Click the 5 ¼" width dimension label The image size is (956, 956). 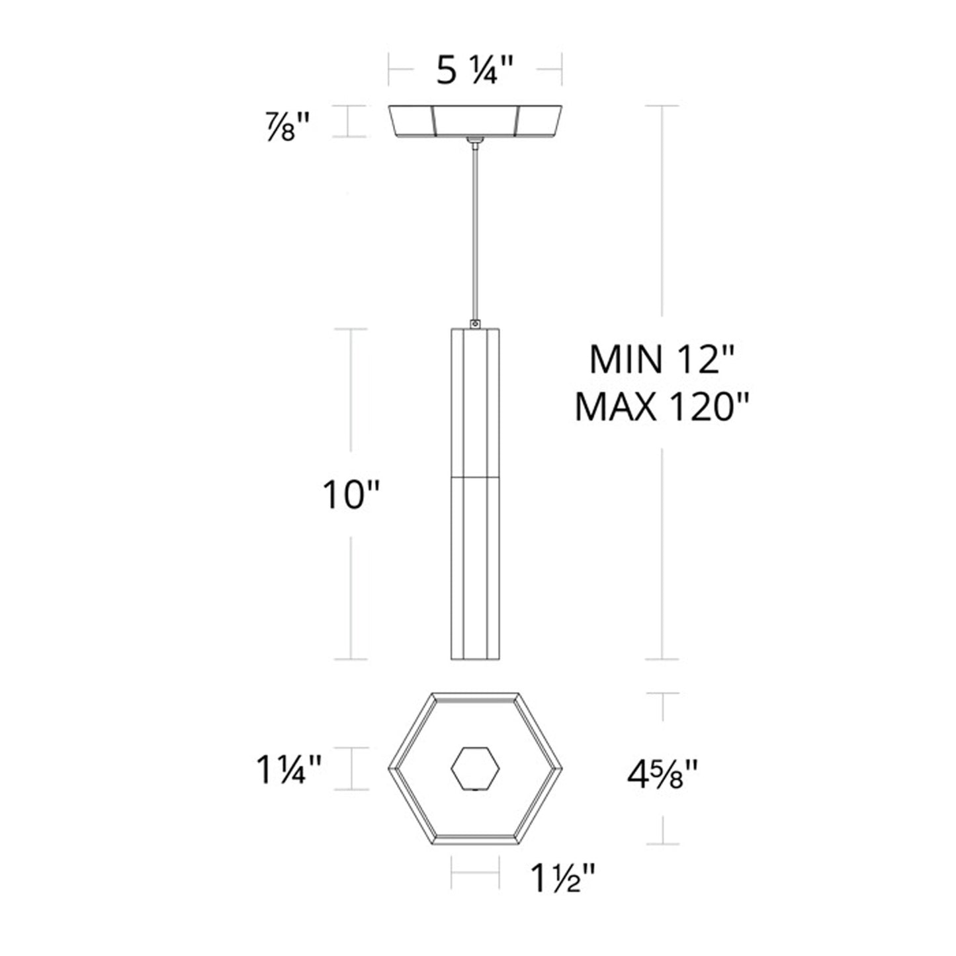(x=474, y=70)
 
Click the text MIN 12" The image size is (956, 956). (x=662, y=361)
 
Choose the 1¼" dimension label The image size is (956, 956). (x=289, y=771)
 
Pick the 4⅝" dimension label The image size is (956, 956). (x=662, y=772)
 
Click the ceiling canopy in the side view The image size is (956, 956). (x=474, y=121)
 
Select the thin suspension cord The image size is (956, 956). (x=474, y=232)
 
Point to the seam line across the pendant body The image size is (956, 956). (x=474, y=476)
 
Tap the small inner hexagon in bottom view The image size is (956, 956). (x=474, y=768)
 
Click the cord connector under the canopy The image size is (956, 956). (x=474, y=142)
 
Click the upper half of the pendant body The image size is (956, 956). (x=474, y=400)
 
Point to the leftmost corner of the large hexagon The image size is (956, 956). (x=389, y=769)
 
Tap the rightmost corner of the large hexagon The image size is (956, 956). (x=561, y=769)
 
